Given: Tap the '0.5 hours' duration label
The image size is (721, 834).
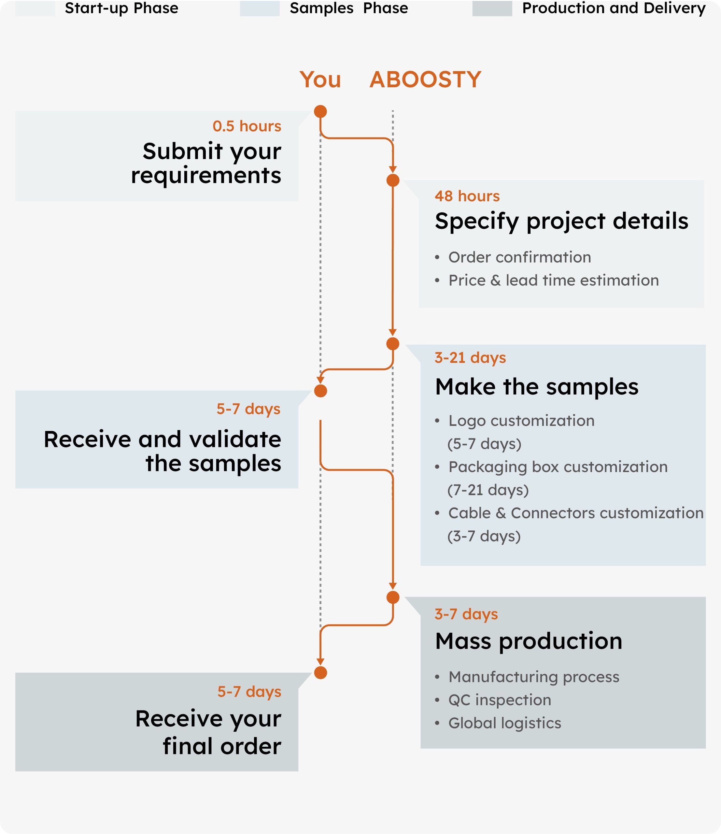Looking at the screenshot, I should click(247, 126).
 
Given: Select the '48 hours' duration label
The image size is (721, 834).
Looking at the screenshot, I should click(467, 196).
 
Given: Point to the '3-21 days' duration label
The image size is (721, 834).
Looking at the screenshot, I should click(470, 357).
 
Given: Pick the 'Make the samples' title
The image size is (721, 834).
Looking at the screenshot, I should click(536, 387).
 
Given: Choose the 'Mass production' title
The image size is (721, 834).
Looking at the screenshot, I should click(528, 641).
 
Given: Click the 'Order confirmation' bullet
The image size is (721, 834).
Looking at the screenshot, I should click(519, 257).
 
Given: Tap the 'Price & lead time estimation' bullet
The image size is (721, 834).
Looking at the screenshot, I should click(553, 280).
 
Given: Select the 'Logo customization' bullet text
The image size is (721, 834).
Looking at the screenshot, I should click(521, 421).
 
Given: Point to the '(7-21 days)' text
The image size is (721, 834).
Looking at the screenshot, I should click(488, 490).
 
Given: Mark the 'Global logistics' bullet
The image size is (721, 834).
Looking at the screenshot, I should click(504, 723).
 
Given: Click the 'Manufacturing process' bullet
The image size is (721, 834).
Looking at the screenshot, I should click(533, 677).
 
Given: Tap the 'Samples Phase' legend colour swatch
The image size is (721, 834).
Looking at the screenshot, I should click(260, 8).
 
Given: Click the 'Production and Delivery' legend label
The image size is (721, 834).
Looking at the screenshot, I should click(614, 8).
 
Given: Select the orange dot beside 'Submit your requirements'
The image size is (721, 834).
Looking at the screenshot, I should click(320, 111).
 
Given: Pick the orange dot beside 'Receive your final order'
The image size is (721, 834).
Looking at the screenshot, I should click(320, 673).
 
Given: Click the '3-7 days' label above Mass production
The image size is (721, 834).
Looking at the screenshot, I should click(466, 614).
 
